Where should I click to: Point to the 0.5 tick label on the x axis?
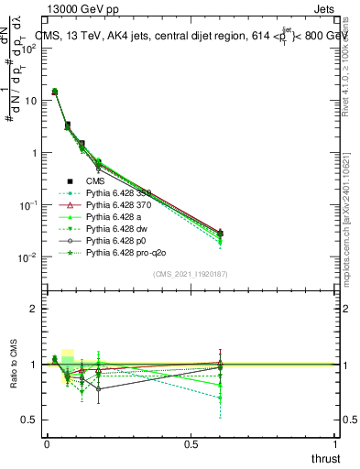(191, 443)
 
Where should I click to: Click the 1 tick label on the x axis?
(336, 443)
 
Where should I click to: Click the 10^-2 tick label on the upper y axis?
(27, 257)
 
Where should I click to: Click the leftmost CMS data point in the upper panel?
(55, 92)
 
